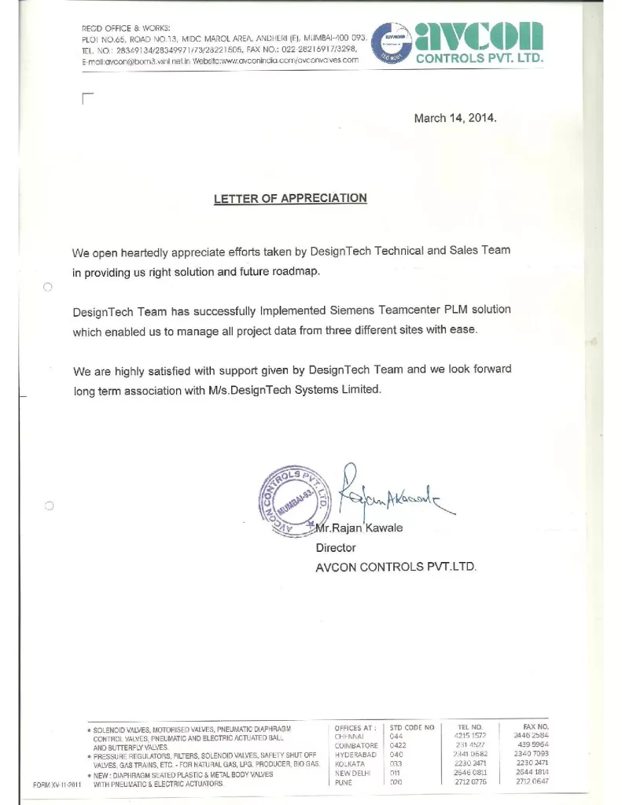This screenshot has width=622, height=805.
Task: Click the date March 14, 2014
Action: tap(455, 119)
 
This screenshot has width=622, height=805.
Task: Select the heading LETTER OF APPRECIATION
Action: tap(290, 199)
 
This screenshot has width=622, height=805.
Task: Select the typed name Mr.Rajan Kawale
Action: tap(359, 528)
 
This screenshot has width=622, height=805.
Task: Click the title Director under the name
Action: tap(336, 547)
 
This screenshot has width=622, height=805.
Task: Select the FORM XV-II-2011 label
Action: tap(57, 784)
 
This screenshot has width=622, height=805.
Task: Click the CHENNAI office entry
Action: tap(348, 736)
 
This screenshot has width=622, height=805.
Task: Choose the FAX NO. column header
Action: tap(536, 726)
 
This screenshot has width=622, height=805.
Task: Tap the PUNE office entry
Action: tap(344, 783)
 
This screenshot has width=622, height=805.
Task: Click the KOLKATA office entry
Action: tap(350, 764)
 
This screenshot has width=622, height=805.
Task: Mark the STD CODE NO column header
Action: tap(412, 727)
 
